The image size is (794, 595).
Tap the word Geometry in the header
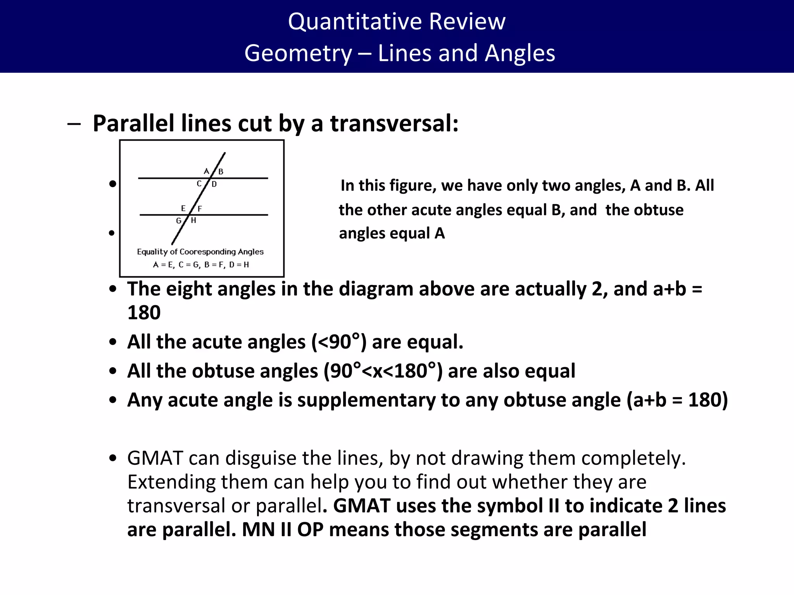click(298, 53)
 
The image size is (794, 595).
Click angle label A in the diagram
click(206, 171)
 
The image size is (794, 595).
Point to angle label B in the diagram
click(221, 172)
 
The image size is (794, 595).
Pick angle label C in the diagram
click(199, 184)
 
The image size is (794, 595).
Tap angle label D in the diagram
click(214, 184)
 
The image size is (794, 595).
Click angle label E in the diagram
click(183, 208)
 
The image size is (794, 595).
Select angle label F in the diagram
click(200, 209)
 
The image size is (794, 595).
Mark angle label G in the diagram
click(179, 221)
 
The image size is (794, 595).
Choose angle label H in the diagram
click(193, 220)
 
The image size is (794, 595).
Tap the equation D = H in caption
click(239, 265)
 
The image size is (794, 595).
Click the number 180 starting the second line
click(144, 313)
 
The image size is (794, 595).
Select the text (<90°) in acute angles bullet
click(339, 342)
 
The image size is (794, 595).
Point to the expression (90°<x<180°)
click(383, 371)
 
